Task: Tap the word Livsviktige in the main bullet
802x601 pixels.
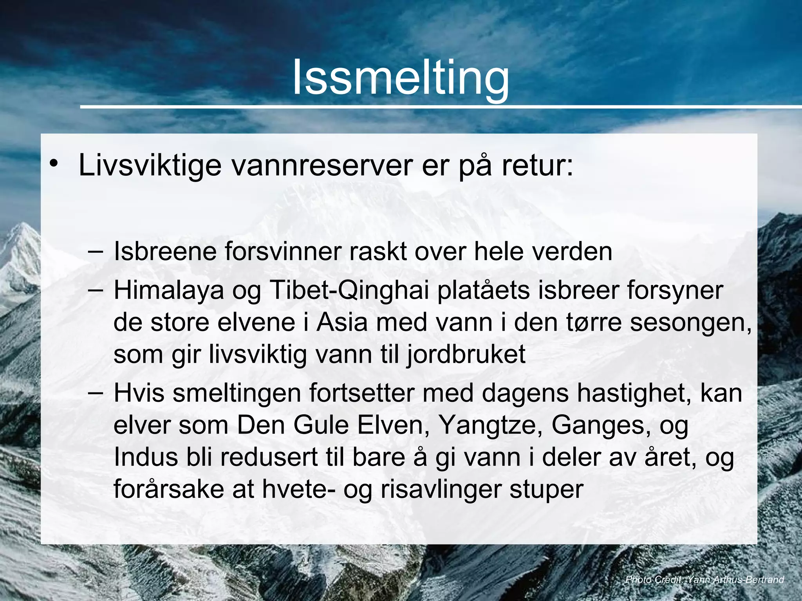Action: pyautogui.click(x=150, y=166)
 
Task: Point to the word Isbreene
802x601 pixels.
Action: pyautogui.click(x=165, y=251)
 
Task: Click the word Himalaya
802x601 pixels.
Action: pyautogui.click(x=168, y=291)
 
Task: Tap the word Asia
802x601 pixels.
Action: pyautogui.click(x=342, y=323)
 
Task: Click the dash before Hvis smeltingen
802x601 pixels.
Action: pyautogui.click(x=96, y=392)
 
